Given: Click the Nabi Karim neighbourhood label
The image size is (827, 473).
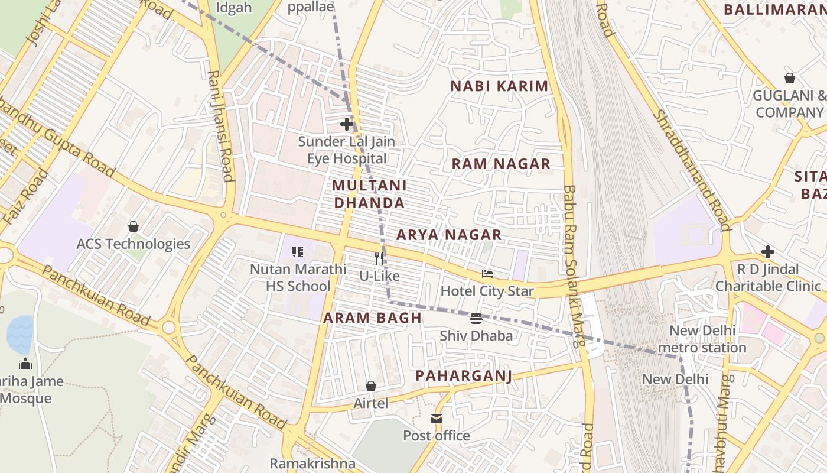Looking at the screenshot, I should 499,86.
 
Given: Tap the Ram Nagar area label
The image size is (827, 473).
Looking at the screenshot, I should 501,164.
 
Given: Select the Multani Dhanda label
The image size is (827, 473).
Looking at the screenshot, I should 369,194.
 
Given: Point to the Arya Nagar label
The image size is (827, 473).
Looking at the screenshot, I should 449,235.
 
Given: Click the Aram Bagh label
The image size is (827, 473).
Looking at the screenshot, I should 372,318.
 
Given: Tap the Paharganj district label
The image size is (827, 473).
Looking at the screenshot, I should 463,376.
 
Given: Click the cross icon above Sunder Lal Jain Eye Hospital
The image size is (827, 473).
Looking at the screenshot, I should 347,124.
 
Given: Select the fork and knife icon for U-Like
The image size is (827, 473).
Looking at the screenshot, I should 379,258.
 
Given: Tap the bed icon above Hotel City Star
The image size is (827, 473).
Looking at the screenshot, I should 487,274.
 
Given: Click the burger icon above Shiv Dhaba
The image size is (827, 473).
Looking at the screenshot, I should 476,319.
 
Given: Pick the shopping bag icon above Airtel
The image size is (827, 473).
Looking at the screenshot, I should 371,386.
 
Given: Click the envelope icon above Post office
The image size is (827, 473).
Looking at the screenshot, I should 437,419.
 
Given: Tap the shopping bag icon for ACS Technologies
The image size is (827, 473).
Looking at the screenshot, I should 134,226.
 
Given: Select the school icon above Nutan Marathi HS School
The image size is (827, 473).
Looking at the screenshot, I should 298,252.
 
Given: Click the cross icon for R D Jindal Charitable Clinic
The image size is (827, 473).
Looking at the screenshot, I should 767,252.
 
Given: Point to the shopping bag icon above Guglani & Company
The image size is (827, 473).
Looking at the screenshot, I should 789,78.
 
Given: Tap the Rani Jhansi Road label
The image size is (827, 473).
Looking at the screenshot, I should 220,126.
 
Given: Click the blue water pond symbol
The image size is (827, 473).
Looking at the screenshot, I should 19,334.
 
